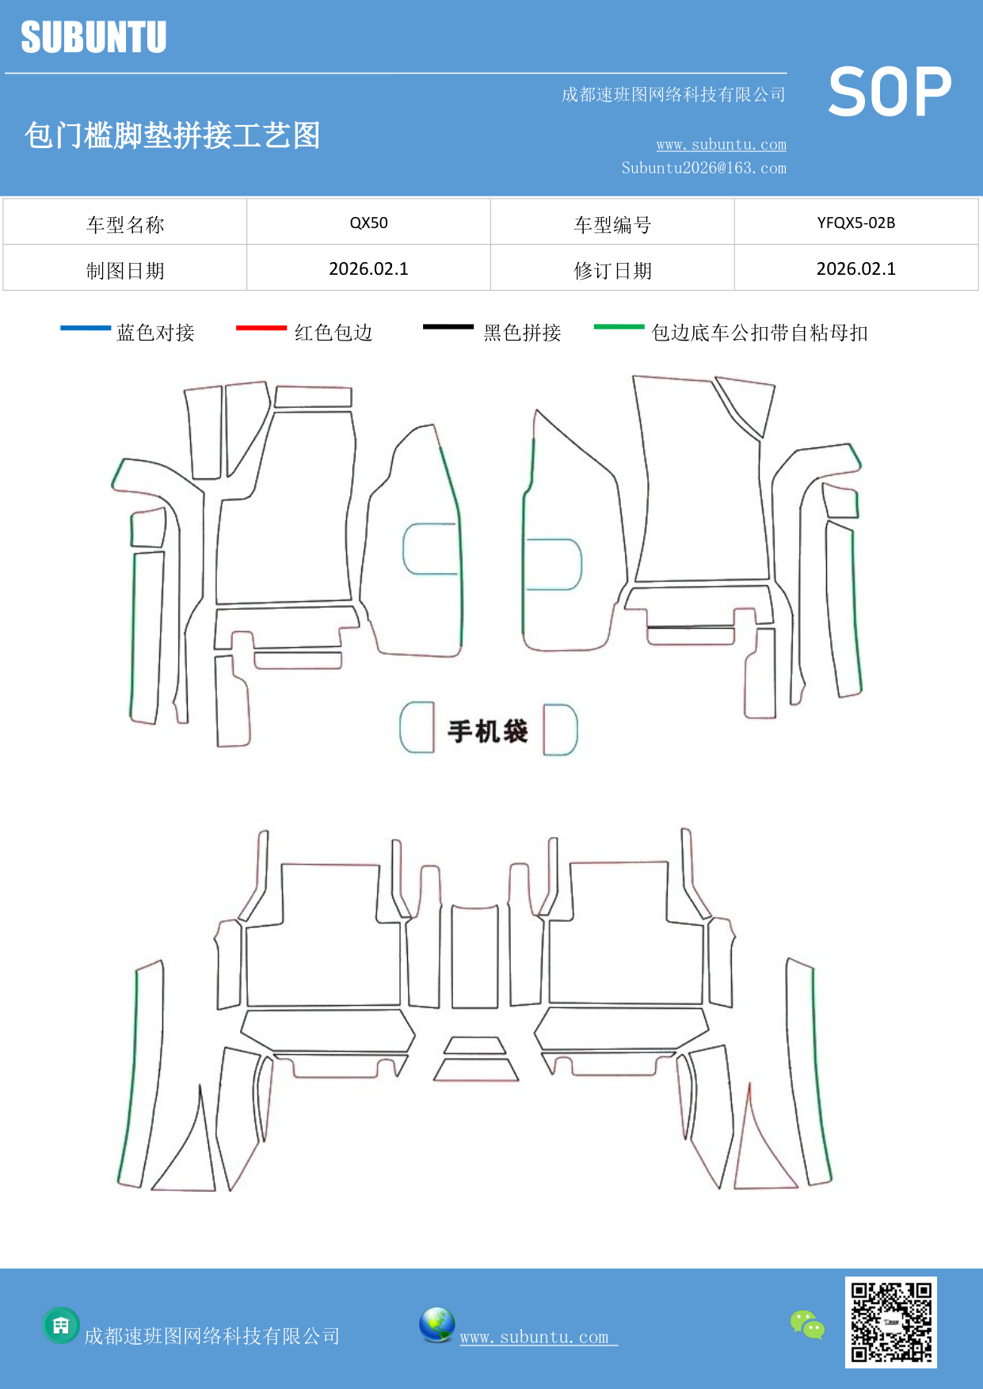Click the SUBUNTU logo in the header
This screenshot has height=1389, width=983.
(x=93, y=37)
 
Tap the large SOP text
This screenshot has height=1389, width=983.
(x=890, y=93)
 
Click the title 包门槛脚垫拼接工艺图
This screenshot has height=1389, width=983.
(x=172, y=135)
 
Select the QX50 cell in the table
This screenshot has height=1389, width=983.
(x=368, y=223)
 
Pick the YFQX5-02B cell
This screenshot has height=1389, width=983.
(x=855, y=223)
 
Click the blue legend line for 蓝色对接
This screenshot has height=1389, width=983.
(x=86, y=328)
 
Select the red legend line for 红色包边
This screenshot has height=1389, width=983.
(x=261, y=328)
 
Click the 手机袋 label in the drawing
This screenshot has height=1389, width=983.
(x=487, y=731)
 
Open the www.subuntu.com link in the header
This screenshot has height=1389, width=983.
(x=721, y=144)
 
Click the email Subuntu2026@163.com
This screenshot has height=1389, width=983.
(x=703, y=168)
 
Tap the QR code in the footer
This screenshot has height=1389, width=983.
(x=890, y=1322)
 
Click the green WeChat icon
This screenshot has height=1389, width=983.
(x=807, y=1325)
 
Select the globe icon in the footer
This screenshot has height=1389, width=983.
(x=436, y=1324)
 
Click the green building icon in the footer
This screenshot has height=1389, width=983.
(x=61, y=1325)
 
